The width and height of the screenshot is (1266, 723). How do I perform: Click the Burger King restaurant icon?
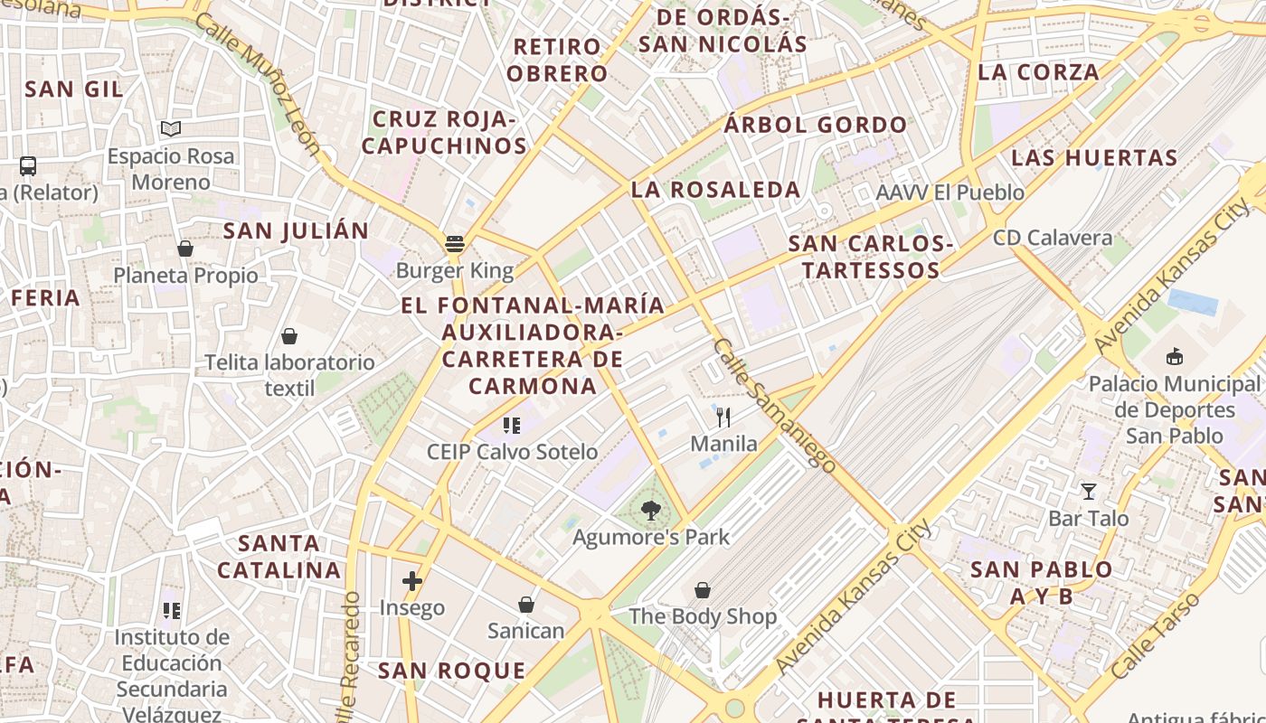point(454,243)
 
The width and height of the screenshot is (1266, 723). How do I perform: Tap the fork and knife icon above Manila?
point(723,417)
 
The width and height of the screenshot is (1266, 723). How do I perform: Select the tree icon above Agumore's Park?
point(650,511)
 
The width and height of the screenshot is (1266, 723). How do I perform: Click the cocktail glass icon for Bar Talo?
point(1088,492)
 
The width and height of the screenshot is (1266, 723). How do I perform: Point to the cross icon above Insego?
point(412,580)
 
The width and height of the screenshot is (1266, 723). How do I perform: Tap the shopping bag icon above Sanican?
point(526,604)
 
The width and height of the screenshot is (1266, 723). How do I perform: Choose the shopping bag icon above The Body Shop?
point(703,590)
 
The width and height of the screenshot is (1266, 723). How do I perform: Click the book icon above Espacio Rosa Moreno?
point(171,129)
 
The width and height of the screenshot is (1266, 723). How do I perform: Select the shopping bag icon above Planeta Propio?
point(185,249)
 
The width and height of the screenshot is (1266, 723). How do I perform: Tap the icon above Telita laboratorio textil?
point(289,336)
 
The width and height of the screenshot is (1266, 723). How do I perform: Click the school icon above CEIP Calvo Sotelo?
point(512,425)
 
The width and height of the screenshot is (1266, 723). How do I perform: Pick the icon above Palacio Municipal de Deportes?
point(1175,357)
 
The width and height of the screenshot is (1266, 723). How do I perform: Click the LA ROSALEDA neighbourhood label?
point(715,190)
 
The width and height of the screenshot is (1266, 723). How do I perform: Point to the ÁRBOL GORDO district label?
point(815,125)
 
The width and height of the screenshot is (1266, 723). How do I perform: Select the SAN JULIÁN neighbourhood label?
point(296,230)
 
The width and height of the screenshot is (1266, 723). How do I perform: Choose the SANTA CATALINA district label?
point(279,557)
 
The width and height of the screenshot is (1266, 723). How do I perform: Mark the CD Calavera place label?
point(1053,238)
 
